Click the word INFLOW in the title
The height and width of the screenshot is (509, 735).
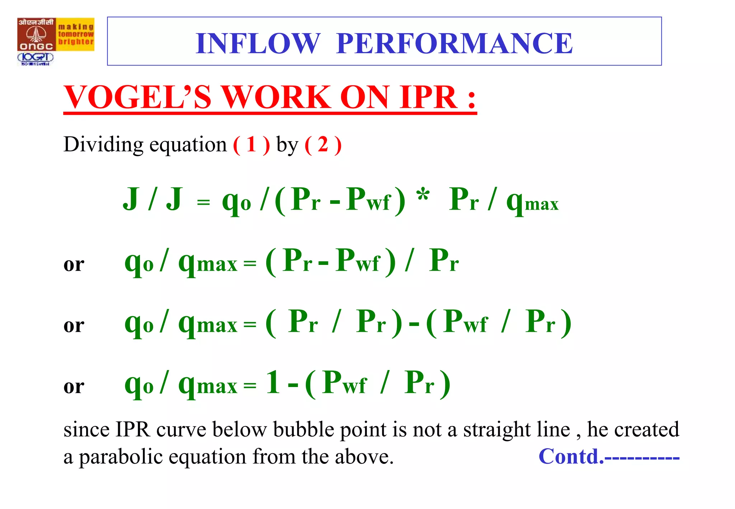[x=257, y=43]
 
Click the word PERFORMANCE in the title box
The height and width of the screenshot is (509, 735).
[x=454, y=43]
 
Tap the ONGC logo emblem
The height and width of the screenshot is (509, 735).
[x=36, y=34]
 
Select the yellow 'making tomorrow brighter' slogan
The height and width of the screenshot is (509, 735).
[x=76, y=34]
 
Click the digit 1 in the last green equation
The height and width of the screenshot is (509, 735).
[x=273, y=383]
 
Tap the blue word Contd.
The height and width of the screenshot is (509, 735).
[x=571, y=457]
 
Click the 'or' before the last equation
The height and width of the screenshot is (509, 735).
[x=74, y=386]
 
